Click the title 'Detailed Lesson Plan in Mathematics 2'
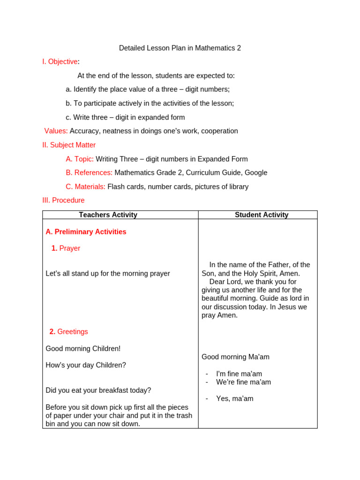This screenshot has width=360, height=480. coord(180,48)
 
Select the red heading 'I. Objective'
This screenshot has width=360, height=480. coord(60,62)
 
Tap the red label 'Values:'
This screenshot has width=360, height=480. coord(56,131)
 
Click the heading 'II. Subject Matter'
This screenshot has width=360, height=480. coord(69,145)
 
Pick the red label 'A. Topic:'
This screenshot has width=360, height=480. coord(80,159)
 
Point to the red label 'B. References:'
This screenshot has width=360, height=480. coord(89,172)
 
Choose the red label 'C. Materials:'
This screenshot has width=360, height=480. coord(85,187)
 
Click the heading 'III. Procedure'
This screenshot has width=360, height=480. coord(63,201)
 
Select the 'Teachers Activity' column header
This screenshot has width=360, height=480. coord(108,215)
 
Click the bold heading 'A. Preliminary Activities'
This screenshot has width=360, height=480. coord(86,232)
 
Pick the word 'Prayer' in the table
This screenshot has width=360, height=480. coord(70,248)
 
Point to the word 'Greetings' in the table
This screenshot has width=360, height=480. coord(73,332)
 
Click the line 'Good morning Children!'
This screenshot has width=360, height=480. coord(83,349)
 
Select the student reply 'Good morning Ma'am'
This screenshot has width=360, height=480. coord(235,357)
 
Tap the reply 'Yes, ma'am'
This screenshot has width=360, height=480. coord(234,399)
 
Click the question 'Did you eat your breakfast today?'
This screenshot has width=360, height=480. coord(98,390)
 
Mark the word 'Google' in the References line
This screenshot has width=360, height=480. coord(255,172)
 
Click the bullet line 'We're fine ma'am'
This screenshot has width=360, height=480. coord(243,382)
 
